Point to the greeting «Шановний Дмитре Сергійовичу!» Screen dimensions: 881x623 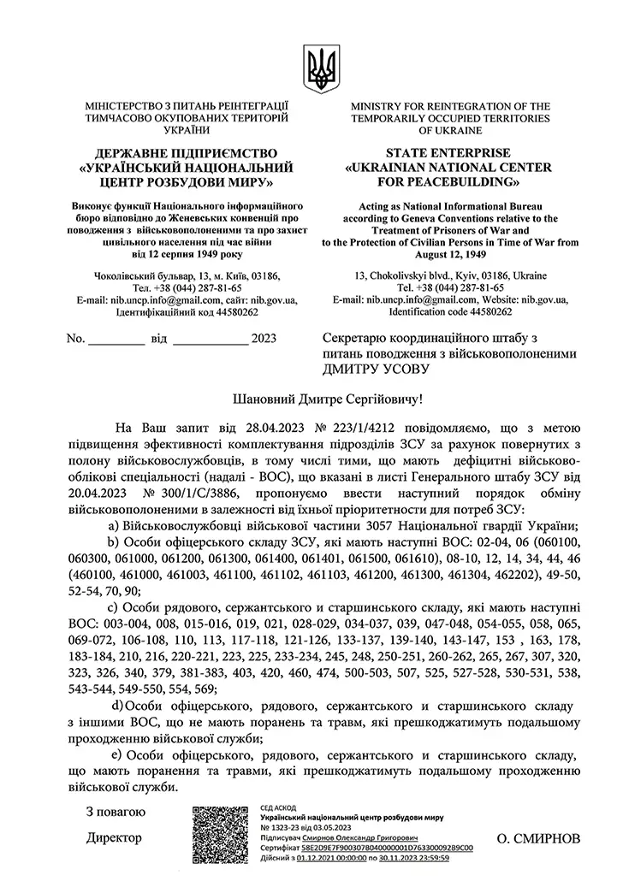(328, 399)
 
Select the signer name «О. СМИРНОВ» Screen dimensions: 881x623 (538, 837)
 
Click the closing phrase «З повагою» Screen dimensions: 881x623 (117, 811)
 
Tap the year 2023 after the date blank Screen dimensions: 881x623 (266, 339)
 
